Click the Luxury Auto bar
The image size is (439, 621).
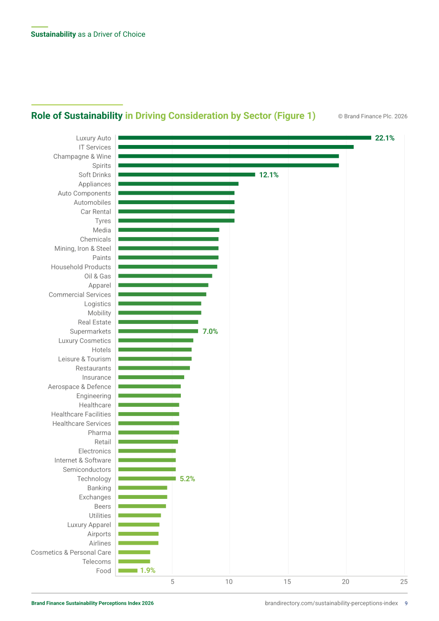245,138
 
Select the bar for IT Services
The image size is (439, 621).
236,147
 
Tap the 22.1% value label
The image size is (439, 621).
385,138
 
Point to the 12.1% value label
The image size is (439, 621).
269,175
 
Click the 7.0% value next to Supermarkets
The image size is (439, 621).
210,331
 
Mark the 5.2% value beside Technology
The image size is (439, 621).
188,479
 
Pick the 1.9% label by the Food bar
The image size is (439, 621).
148,570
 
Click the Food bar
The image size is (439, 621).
128,570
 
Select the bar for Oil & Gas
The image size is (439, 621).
165,276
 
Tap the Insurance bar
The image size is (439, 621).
151,377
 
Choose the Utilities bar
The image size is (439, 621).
139,516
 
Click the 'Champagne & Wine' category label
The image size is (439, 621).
82,156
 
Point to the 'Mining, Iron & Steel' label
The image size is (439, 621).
83,248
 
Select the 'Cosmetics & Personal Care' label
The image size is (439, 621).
71,552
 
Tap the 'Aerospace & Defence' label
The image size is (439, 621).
79,387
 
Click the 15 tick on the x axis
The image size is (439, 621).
287,581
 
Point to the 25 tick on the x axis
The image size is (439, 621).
404,581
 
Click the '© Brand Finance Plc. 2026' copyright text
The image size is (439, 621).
373,116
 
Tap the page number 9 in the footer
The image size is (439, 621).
406,603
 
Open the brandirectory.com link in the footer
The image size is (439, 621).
332,603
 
